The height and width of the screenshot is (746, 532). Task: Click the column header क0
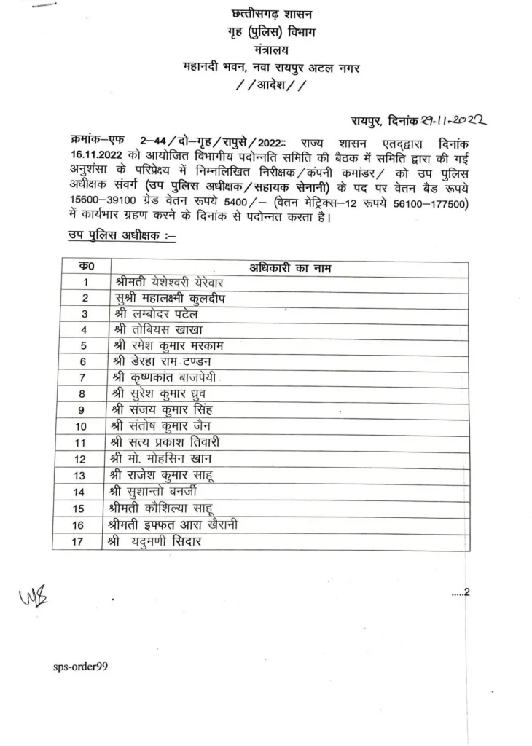click(85, 267)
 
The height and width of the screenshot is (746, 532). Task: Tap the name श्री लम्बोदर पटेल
click(156, 314)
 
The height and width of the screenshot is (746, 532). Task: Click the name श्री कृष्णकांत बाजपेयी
click(169, 377)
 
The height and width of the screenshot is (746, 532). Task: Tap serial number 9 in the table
click(85, 409)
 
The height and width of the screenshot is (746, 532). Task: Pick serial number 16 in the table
click(85, 525)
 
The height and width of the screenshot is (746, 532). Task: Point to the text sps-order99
click(80, 667)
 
